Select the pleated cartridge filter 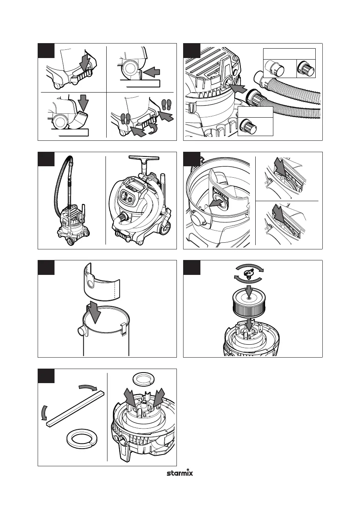point(249,304)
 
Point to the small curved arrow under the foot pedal point(153,130)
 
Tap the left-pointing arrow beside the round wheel point(151,73)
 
